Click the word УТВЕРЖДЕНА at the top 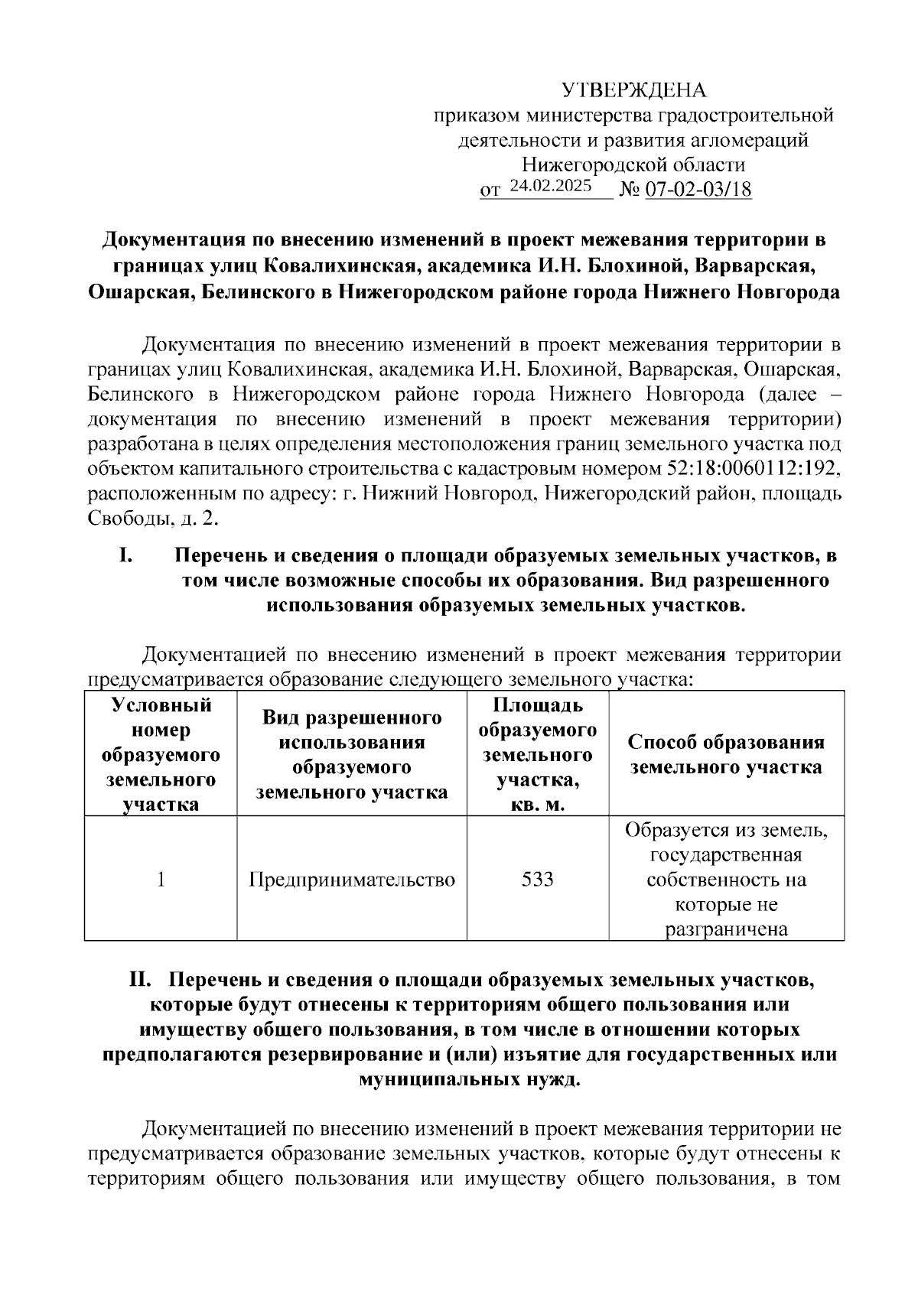pyautogui.click(x=634, y=90)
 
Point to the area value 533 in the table pyautogui.click(x=537, y=879)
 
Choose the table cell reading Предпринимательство pyautogui.click(x=352, y=879)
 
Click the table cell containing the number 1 pyautogui.click(x=161, y=879)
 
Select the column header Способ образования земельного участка pyautogui.click(x=726, y=754)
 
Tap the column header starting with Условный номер pyautogui.click(x=161, y=754)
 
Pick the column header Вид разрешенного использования pyautogui.click(x=352, y=754)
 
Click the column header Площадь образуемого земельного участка pyautogui.click(x=537, y=754)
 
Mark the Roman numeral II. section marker pyautogui.click(x=143, y=980)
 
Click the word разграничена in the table pyautogui.click(x=726, y=929)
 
